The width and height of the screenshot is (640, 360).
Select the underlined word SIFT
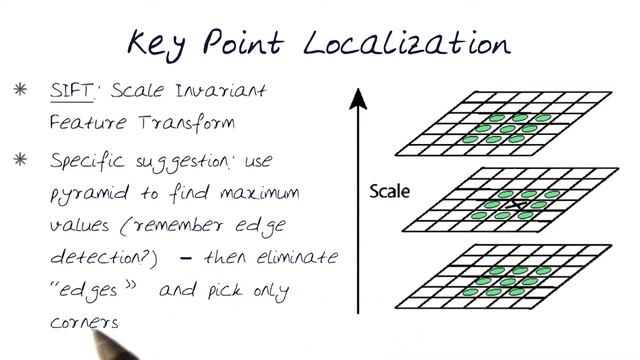pyautogui.click(x=70, y=91)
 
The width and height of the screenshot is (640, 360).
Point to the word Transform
pyautogui.click(x=170, y=124)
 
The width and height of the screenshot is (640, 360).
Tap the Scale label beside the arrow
pyautogui.click(x=391, y=188)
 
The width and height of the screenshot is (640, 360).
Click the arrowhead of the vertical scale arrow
pyautogui.click(x=357, y=96)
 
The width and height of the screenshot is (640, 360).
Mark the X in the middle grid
pyautogui.click(x=516, y=205)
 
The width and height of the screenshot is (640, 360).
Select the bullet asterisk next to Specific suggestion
pyautogui.click(x=20, y=158)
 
